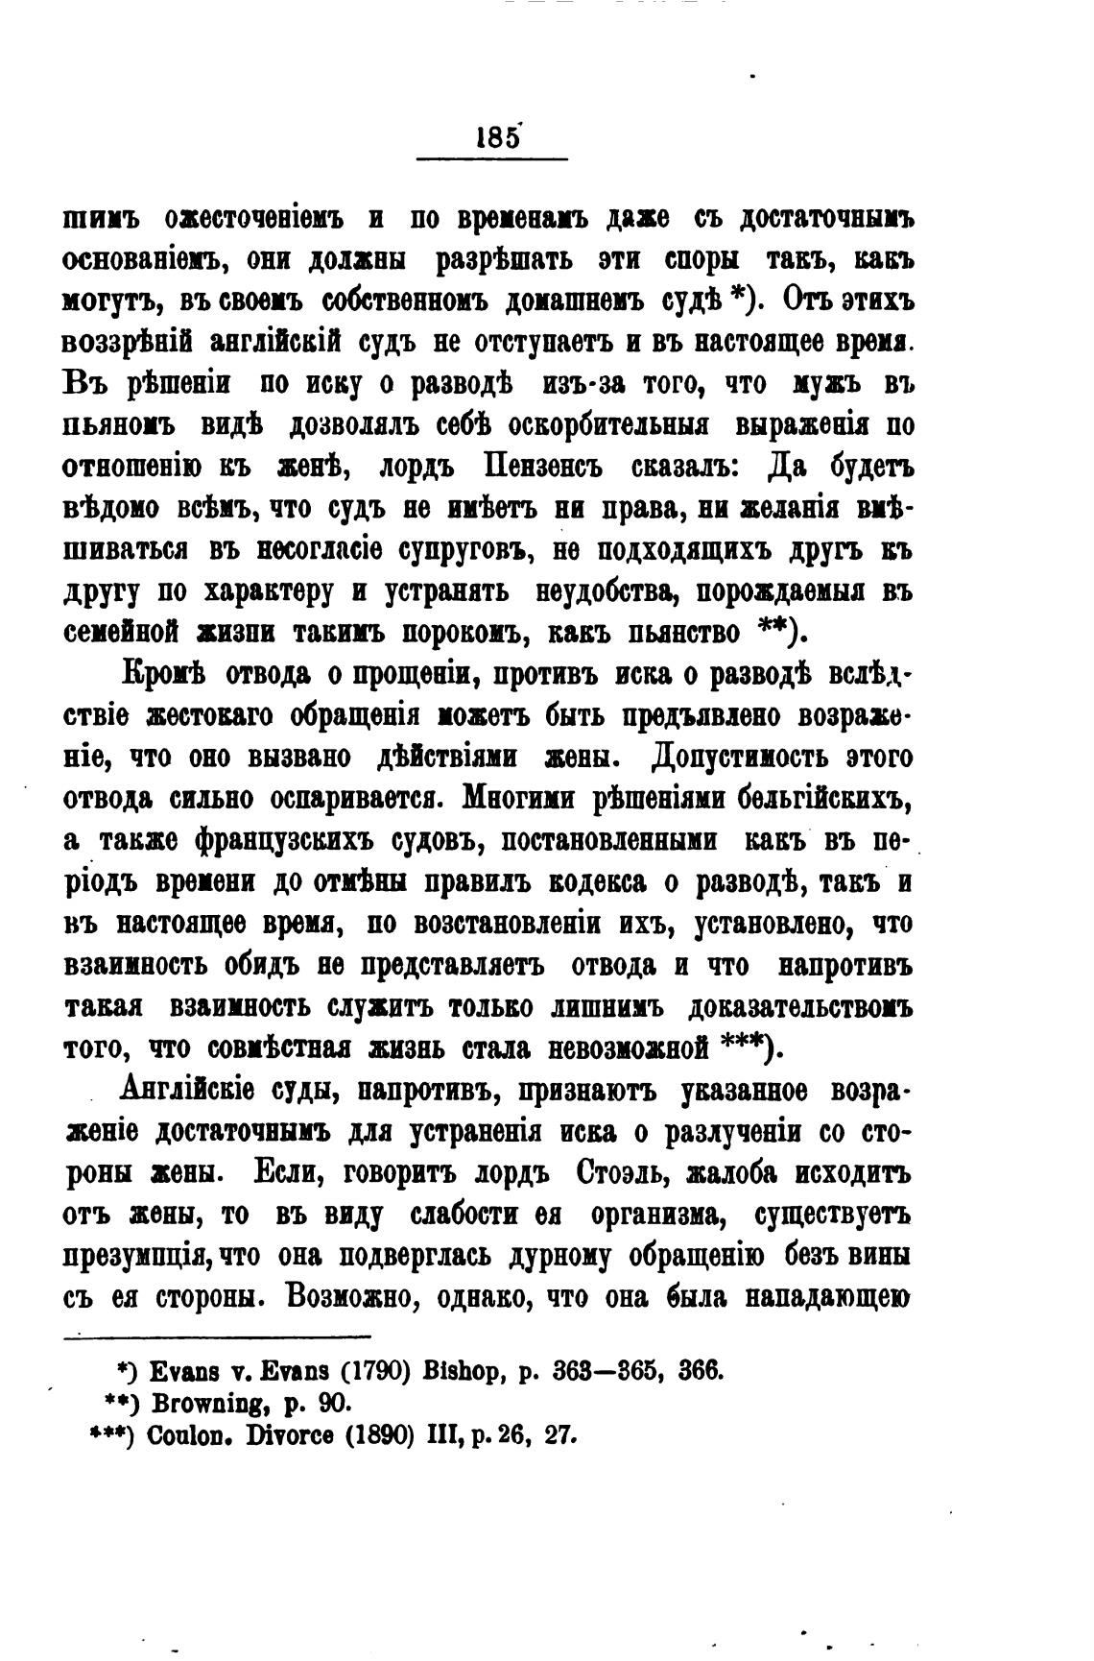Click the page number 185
(x=497, y=136)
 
